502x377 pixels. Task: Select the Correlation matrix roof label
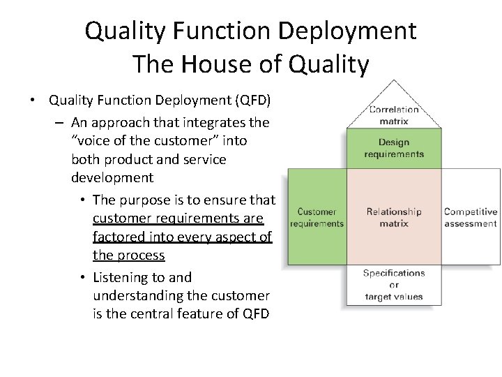point(394,114)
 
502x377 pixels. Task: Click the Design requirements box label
point(394,148)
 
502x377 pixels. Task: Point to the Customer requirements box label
point(317,217)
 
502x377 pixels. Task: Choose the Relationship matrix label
point(394,217)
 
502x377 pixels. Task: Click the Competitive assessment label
point(471,217)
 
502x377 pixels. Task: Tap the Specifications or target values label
point(394,285)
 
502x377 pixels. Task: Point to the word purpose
point(153,200)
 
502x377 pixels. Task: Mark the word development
point(112,177)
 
